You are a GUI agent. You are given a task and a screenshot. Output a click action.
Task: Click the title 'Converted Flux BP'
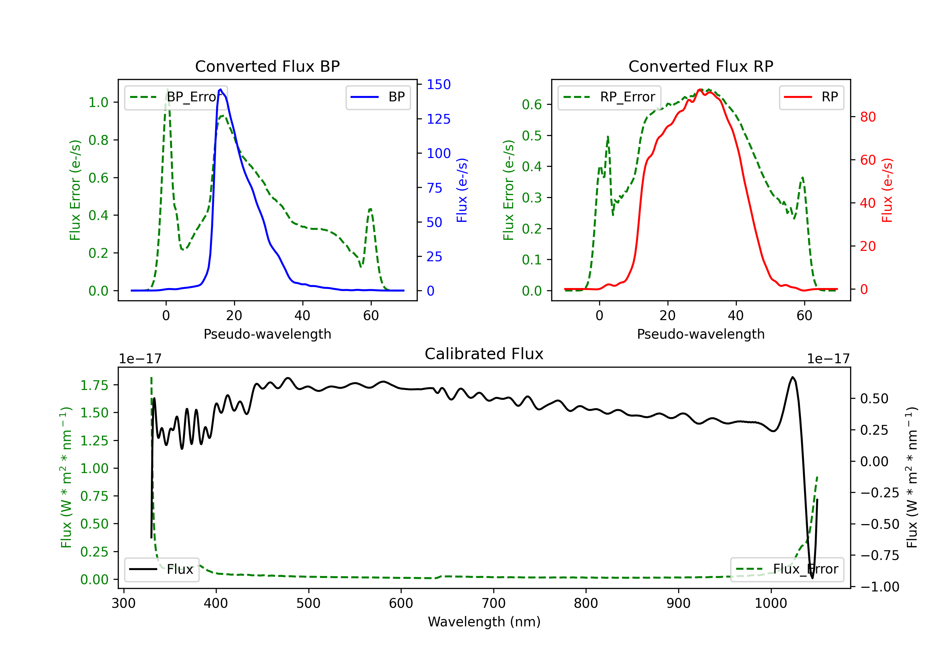[267, 66]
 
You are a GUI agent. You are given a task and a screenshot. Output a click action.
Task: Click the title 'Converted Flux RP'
[701, 66]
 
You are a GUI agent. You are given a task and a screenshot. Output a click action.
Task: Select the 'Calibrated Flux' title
[484, 354]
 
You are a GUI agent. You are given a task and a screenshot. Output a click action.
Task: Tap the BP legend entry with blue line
[378, 97]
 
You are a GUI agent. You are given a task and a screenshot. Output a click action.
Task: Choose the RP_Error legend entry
[609, 97]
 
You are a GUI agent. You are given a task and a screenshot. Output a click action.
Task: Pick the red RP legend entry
[811, 97]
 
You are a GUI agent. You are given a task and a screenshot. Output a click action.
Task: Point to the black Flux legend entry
[161, 569]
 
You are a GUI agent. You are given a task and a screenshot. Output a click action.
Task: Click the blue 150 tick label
[439, 84]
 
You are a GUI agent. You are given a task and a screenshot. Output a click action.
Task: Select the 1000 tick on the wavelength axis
[770, 603]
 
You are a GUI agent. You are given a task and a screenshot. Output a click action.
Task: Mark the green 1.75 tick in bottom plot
[94, 385]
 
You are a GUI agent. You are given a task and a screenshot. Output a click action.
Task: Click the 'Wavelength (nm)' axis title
[484, 622]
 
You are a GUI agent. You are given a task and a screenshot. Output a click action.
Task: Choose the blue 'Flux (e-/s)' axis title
[462, 190]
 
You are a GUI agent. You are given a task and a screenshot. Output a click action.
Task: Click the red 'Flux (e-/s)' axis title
[887, 190]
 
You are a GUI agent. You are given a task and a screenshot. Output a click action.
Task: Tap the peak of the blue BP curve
[220, 89]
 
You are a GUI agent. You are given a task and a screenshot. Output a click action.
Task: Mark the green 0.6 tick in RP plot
[532, 105]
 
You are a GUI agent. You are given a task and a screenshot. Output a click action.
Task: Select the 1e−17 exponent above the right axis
[828, 359]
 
